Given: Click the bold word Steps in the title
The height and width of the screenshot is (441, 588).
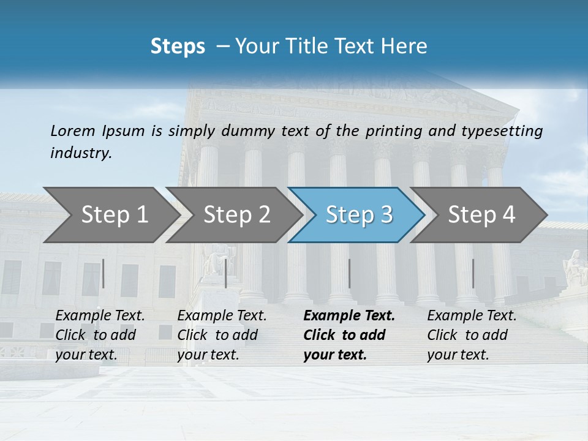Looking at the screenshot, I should [178, 47].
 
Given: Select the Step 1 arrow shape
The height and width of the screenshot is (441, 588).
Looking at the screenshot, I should [110, 215].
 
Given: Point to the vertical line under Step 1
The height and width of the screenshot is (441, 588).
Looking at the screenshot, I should [104, 273].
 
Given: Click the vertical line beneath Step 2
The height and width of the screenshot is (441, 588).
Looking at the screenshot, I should [226, 273].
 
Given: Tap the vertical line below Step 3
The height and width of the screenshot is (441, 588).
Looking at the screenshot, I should [349, 273].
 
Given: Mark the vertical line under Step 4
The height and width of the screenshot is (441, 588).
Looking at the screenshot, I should [473, 273].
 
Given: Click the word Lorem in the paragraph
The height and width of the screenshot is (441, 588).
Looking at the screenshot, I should [73, 131].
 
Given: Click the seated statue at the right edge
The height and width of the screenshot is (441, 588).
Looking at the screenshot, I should [575, 268].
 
